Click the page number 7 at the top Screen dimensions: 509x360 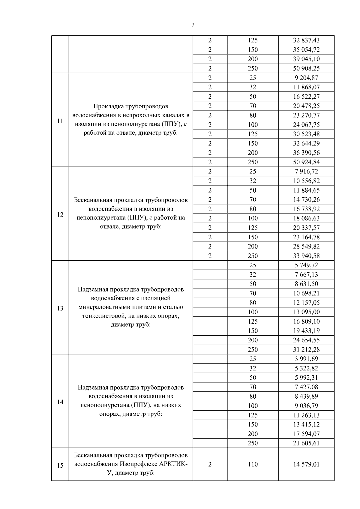pos(193,25)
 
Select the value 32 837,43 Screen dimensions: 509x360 pos(306,40)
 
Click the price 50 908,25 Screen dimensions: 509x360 pos(306,68)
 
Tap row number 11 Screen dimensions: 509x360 pos(60,121)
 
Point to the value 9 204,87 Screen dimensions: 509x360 pos(306,78)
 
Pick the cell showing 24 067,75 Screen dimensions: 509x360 pos(306,124)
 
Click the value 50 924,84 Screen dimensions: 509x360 pos(306,162)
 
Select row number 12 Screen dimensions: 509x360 pos(60,214)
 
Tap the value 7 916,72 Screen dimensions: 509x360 pos(306,172)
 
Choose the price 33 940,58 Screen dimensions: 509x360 pos(306,256)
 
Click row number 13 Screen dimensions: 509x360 pos(60,308)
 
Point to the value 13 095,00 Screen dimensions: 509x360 pos(306,312)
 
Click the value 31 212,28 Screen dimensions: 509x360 pos(306,349)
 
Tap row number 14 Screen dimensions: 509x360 pos(60,402)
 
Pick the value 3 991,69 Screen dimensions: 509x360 pos(306,359)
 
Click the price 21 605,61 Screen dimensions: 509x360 pos(306,443)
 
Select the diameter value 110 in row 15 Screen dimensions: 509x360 pos(253,464)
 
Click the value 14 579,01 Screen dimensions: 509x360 pos(306,464)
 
